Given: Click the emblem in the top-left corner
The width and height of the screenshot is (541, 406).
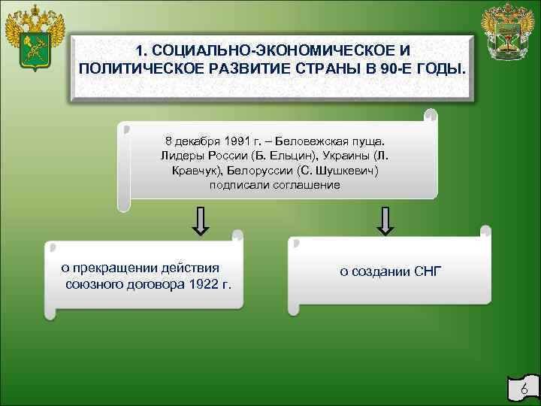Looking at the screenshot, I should coord(34,38).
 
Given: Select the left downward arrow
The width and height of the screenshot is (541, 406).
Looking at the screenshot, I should coord(201,220).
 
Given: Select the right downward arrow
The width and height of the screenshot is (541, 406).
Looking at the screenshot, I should coord(385,220).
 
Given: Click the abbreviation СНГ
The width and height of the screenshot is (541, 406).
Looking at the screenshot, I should coord(428,271).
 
